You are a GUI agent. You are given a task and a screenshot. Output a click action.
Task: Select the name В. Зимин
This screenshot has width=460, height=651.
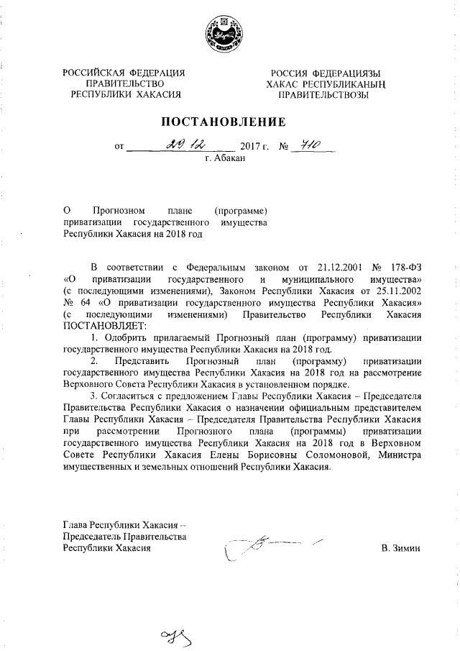400,548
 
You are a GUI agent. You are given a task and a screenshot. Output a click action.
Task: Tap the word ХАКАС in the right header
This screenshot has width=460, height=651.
282,84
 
